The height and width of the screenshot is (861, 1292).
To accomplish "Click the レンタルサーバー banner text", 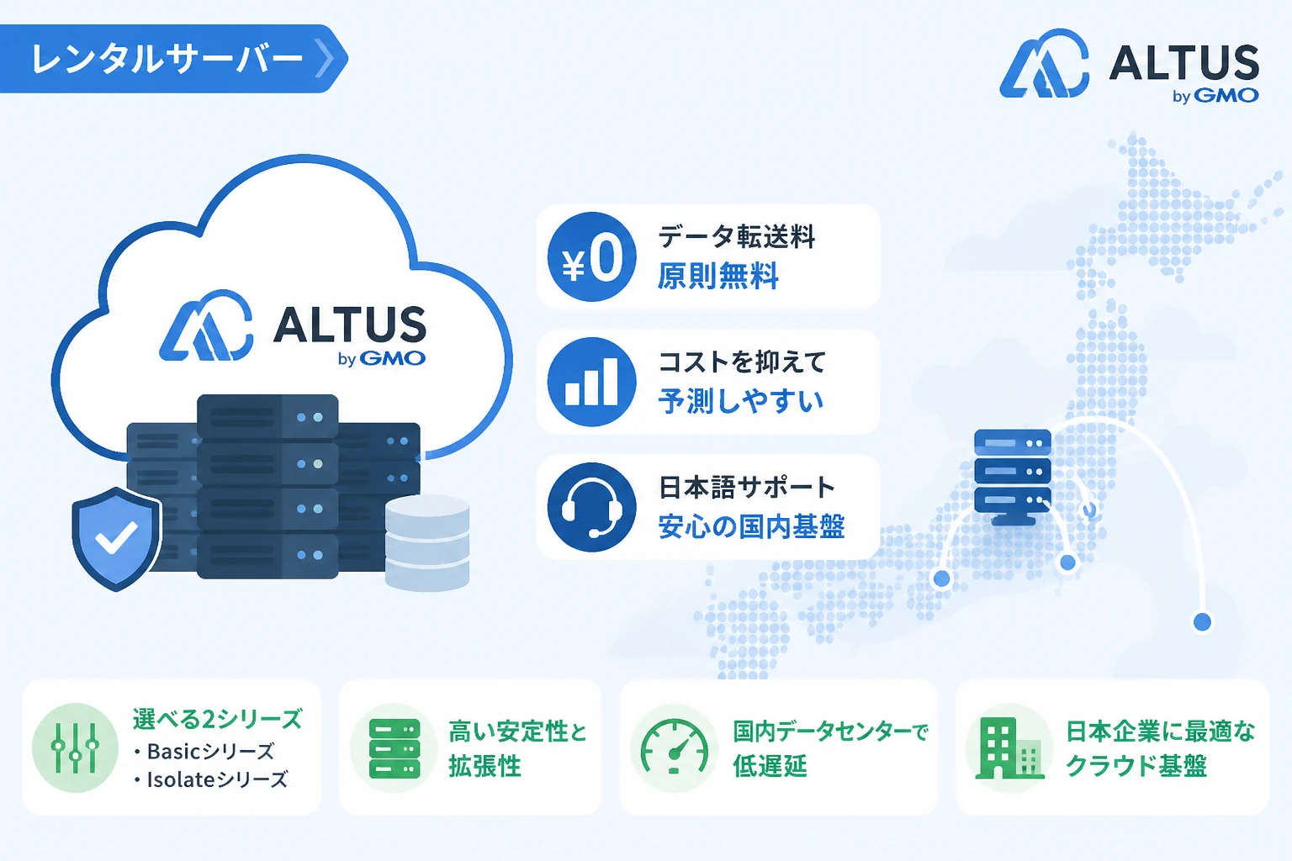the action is pyautogui.click(x=167, y=59).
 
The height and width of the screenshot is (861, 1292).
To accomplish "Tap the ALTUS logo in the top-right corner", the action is pyautogui.click(x=1130, y=66).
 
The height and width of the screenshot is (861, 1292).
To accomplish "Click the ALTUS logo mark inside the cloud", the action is pyautogui.click(x=206, y=325).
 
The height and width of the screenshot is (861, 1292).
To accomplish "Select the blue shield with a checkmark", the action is pyautogui.click(x=116, y=539).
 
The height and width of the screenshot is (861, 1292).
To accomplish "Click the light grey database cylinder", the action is pyautogui.click(x=426, y=543).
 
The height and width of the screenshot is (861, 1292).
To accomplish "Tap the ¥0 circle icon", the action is pyautogui.click(x=592, y=256).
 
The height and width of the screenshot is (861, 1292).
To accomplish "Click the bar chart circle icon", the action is pyautogui.click(x=592, y=382).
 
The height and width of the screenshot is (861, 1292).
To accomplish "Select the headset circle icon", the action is pyautogui.click(x=592, y=507).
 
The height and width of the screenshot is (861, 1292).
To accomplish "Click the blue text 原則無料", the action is pyautogui.click(x=718, y=276).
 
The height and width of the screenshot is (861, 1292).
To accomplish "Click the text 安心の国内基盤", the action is pyautogui.click(x=751, y=526).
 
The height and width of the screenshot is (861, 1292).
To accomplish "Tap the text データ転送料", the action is pyautogui.click(x=737, y=236).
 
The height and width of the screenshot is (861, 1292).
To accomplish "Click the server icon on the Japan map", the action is pyautogui.click(x=1012, y=477).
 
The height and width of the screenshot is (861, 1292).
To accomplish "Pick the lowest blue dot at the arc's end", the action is pyautogui.click(x=1202, y=621).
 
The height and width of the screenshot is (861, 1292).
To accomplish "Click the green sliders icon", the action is pyautogui.click(x=75, y=747).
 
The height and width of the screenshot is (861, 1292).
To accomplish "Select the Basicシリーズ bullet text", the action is pyautogui.click(x=204, y=752).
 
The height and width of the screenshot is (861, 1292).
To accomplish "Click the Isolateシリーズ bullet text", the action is pyautogui.click(x=210, y=779).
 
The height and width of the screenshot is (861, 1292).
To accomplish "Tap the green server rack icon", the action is pyautogui.click(x=394, y=748).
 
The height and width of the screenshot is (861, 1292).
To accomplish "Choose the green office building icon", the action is pyautogui.click(x=1009, y=748).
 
